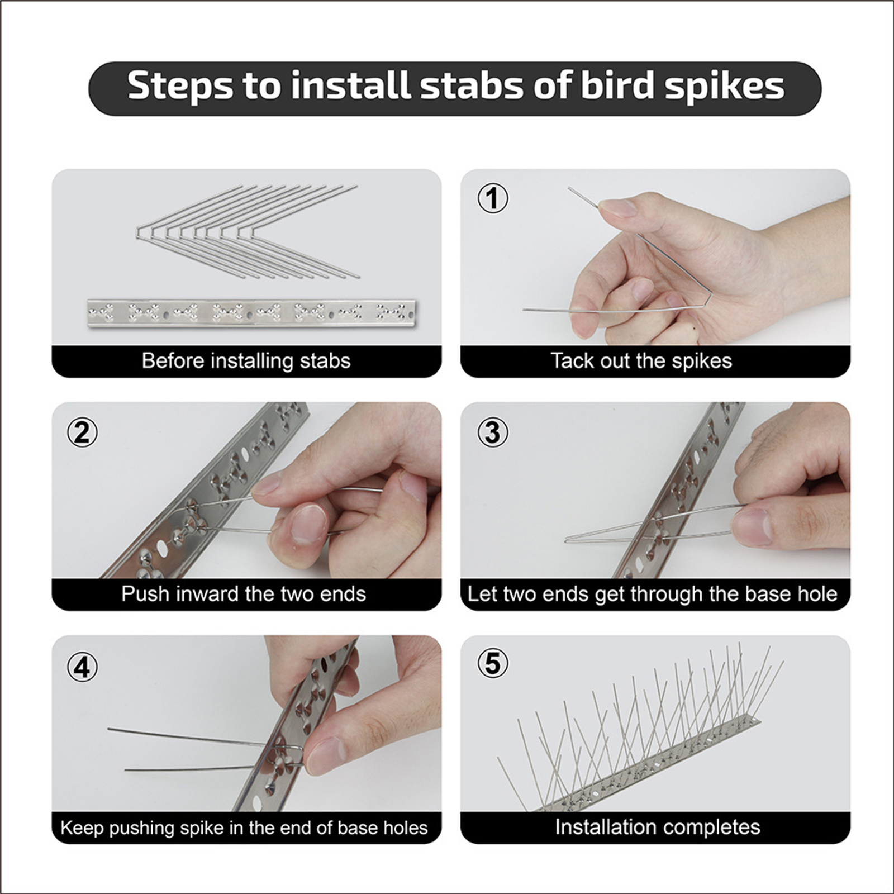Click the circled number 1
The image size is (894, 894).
click(493, 198)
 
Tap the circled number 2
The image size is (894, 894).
click(82, 432)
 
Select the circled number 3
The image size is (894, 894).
click(493, 432)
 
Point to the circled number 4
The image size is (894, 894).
click(82, 666)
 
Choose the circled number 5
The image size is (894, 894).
click(493, 663)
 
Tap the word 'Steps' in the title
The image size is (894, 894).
click(180, 87)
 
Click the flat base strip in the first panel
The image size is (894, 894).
click(251, 313)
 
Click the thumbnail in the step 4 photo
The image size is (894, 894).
click(324, 755)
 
